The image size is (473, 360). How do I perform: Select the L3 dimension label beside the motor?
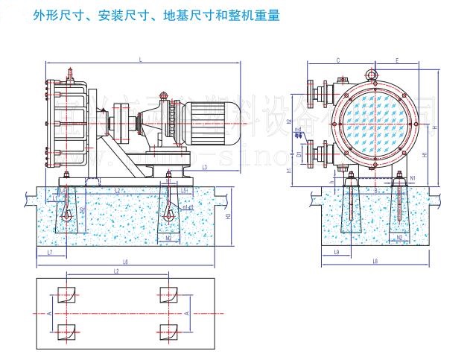[x=205, y=168]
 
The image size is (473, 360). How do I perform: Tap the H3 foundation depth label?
[x=228, y=215]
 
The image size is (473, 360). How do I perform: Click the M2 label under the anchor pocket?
[x=170, y=238]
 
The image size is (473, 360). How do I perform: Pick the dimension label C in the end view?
[x=337, y=60]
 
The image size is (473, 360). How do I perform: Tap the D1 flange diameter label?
[x=299, y=154]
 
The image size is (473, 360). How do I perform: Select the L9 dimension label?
[x=337, y=253]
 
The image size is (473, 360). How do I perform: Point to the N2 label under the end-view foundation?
[x=400, y=237]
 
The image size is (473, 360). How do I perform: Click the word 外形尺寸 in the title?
[x=59, y=14]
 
